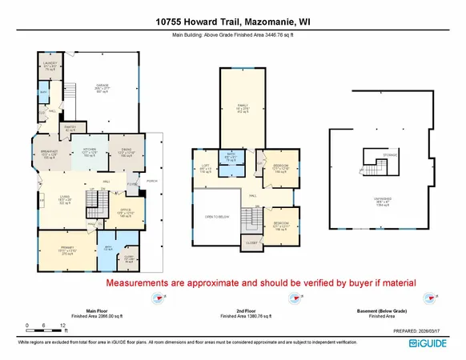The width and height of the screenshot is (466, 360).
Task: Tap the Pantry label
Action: (70, 128)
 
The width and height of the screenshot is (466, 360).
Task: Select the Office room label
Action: (125, 212)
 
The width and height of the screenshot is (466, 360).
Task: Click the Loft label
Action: (205, 169)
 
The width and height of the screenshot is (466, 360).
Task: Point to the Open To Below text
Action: (218, 215)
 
